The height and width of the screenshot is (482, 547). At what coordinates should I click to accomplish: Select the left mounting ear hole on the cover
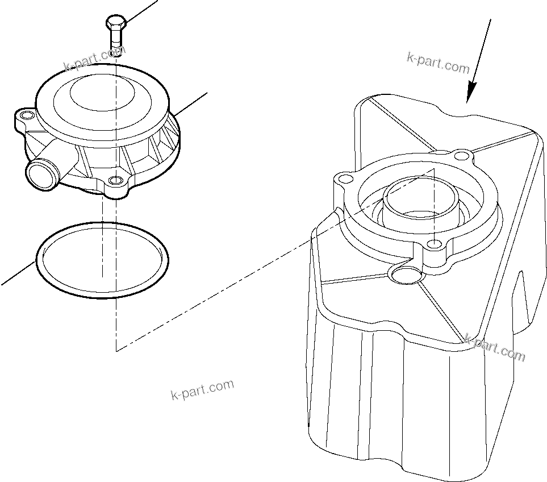(24, 117)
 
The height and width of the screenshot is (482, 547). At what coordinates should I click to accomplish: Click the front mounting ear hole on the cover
(116, 181)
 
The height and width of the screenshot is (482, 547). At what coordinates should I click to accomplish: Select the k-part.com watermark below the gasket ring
(202, 389)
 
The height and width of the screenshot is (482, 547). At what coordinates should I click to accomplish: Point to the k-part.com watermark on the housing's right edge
(495, 347)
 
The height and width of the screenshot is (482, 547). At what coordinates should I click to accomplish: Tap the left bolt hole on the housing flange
(342, 179)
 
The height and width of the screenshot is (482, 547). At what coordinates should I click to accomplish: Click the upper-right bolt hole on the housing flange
(463, 155)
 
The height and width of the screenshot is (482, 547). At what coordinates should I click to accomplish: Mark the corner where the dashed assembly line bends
(116, 350)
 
